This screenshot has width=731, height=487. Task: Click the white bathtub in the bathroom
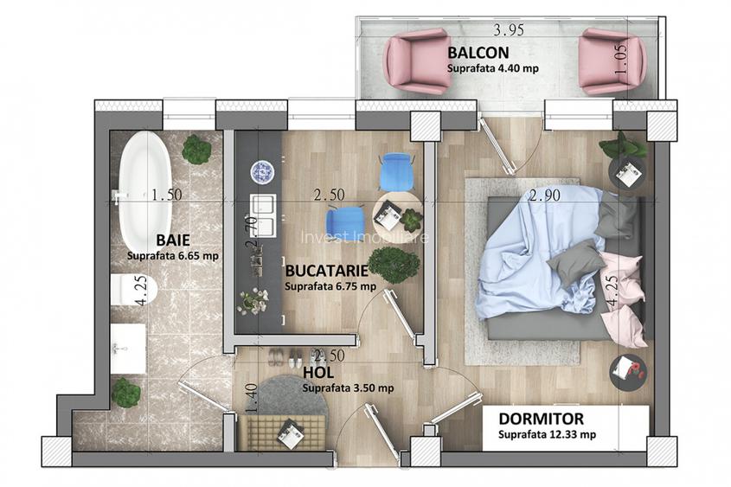[144, 189]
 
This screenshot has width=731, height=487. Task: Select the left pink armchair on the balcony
[419, 61]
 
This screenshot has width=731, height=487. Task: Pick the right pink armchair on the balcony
[611, 61]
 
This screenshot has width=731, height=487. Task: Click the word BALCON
[472, 52]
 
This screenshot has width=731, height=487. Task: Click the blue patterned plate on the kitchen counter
[261, 172]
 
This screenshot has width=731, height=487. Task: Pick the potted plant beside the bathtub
[196, 150]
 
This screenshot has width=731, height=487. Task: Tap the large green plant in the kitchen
[394, 264]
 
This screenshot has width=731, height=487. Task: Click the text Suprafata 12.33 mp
[545, 434]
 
